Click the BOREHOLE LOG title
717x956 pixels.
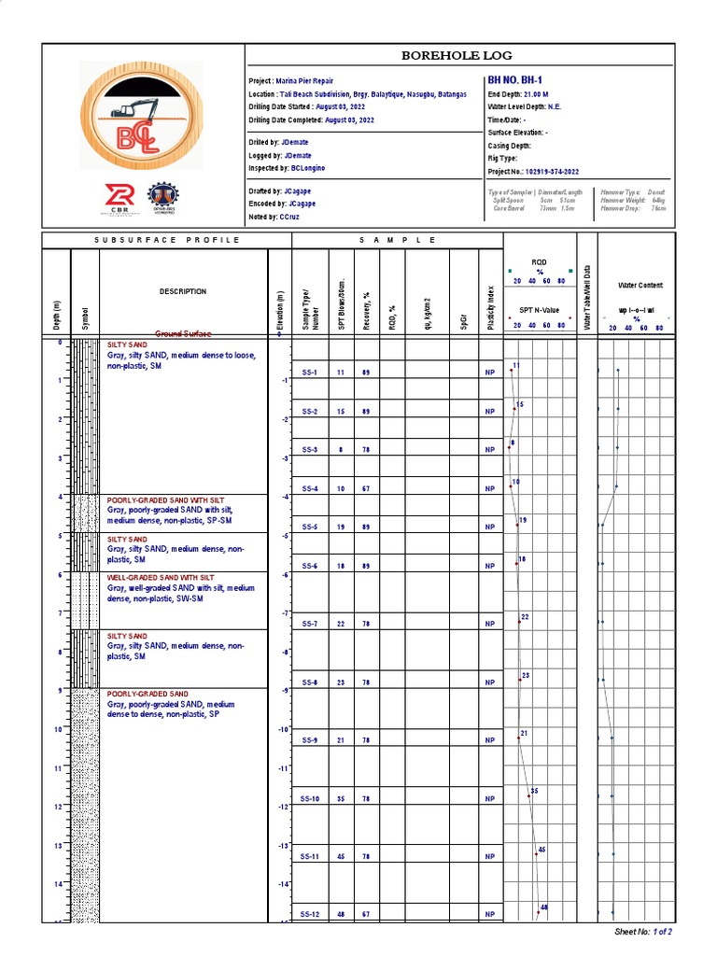pyautogui.click(x=457, y=56)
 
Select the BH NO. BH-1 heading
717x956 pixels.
pyautogui.click(x=515, y=81)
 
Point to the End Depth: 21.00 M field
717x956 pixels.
pyautogui.click(x=518, y=94)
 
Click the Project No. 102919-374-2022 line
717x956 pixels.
pyautogui.click(x=533, y=172)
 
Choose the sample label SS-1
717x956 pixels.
pyautogui.click(x=310, y=373)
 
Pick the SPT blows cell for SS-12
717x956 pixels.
pyautogui.click(x=341, y=914)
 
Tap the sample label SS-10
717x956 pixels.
pyautogui.click(x=310, y=798)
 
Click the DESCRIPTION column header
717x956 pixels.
pyautogui.click(x=183, y=291)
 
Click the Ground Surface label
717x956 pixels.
pyautogui.click(x=183, y=333)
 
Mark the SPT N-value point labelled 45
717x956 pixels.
pyautogui.click(x=536, y=853)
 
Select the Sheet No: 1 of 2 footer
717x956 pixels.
pyautogui.click(x=643, y=931)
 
